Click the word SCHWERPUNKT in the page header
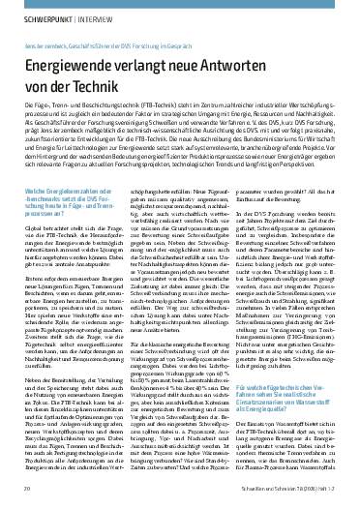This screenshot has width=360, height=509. (40, 15)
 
